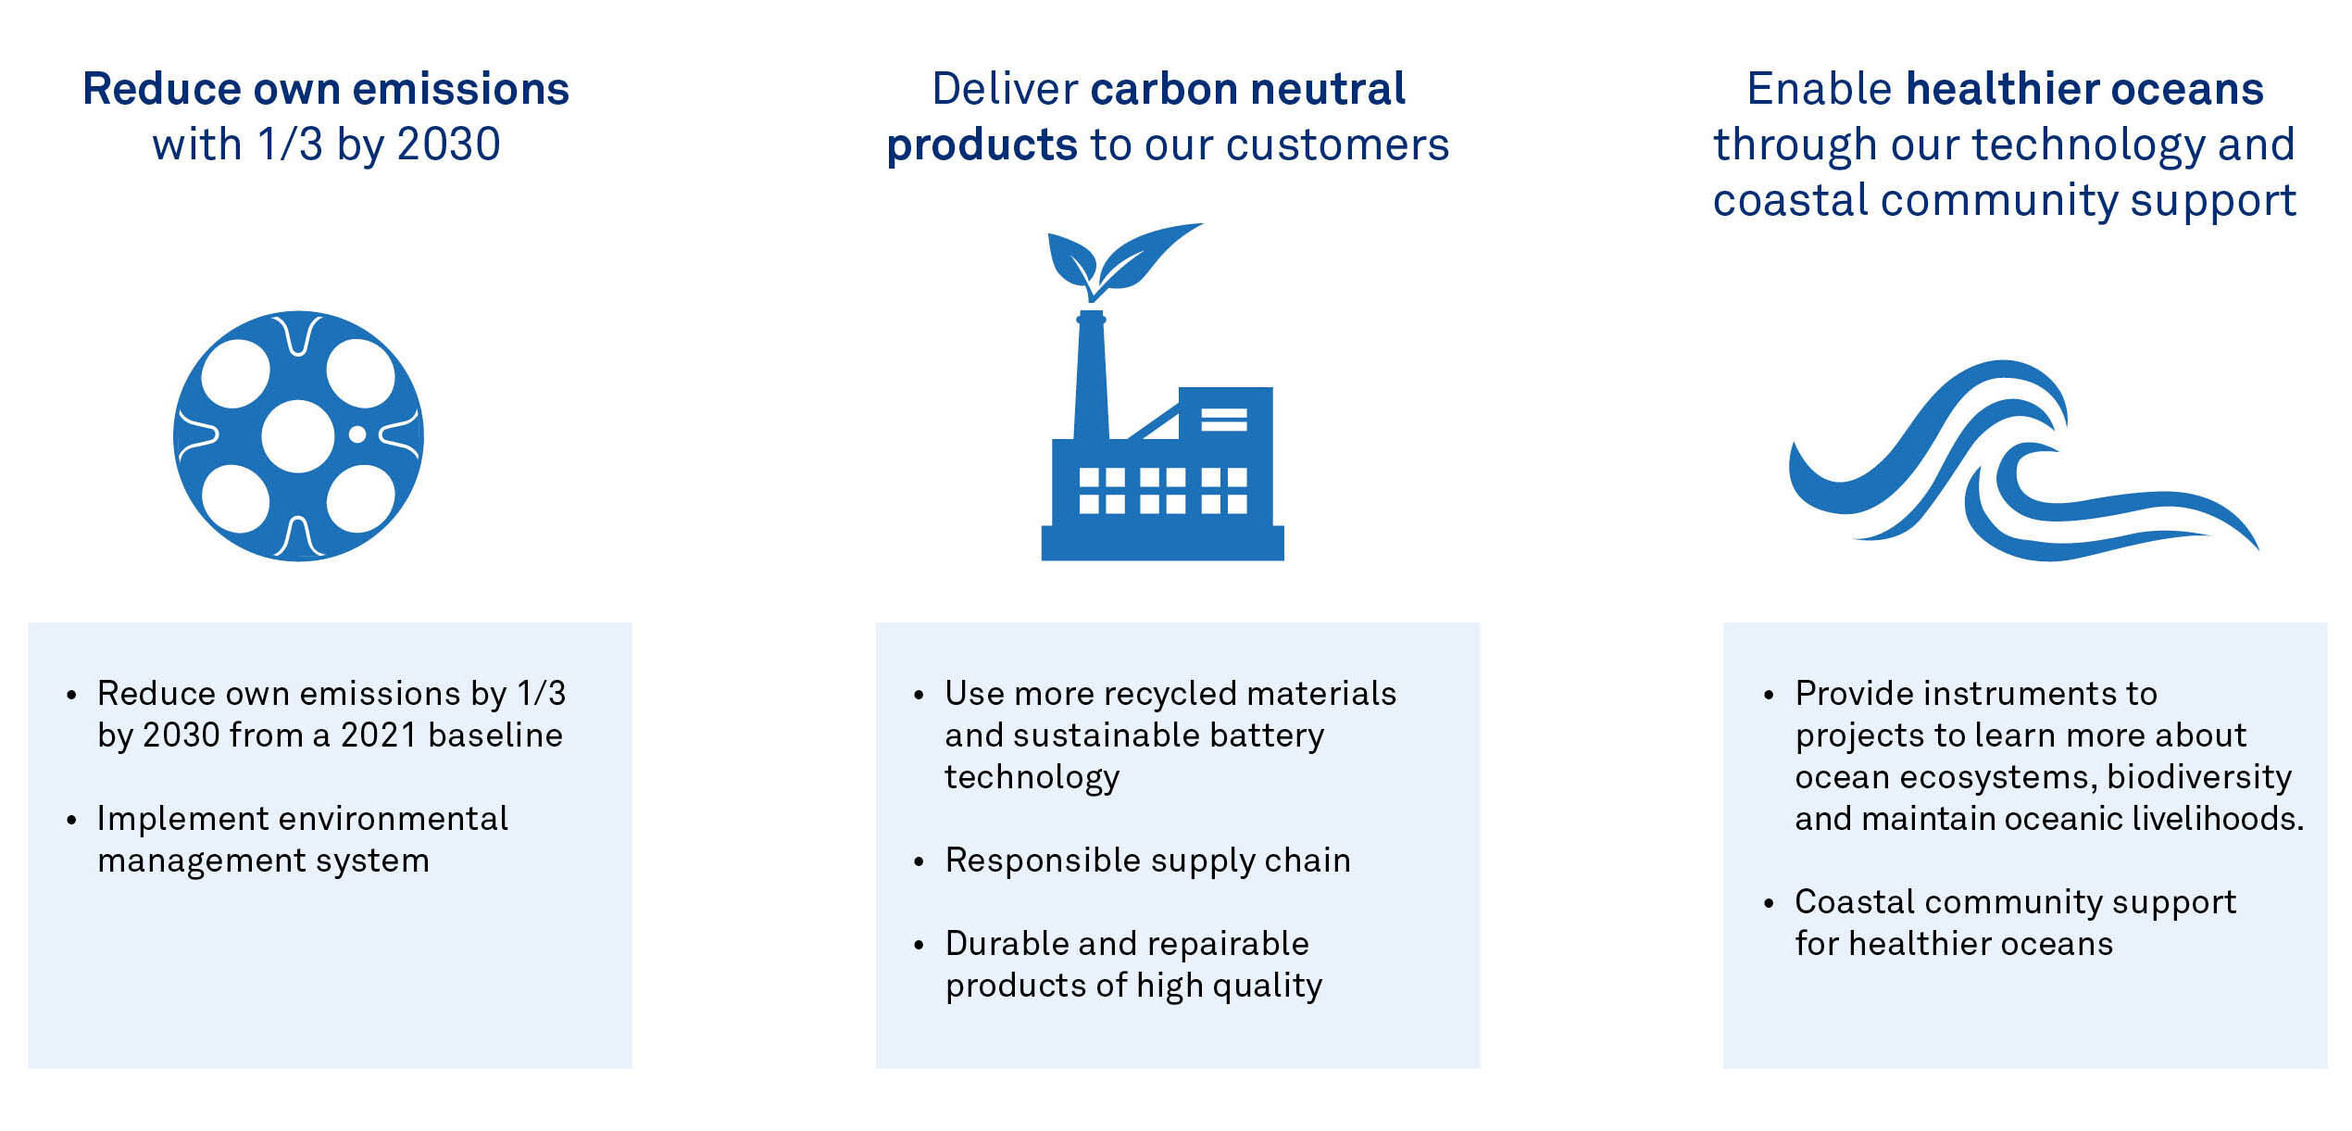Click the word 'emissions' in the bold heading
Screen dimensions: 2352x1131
click(x=460, y=89)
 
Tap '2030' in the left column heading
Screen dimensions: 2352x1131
click(x=448, y=145)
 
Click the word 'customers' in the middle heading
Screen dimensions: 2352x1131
click(x=1337, y=145)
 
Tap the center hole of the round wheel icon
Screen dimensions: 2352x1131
click(x=298, y=436)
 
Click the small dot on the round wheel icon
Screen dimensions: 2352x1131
click(x=357, y=434)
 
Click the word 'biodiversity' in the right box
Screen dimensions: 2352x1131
click(x=2199, y=778)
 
